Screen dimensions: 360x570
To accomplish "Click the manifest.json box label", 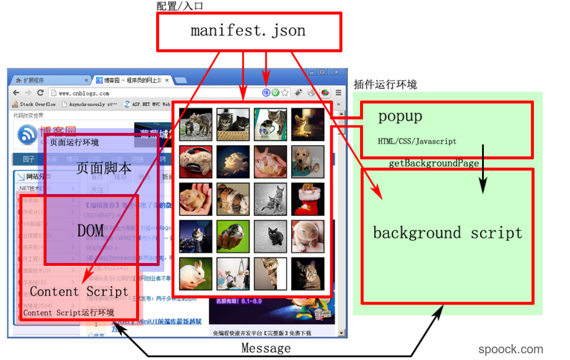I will click(248, 31).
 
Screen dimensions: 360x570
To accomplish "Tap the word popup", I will click(400, 116).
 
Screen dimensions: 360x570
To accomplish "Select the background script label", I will click(447, 233).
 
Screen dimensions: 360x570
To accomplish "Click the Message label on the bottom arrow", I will click(265, 348).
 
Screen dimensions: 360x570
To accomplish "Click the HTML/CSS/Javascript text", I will click(417, 142).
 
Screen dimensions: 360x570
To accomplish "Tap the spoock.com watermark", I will click(510, 349).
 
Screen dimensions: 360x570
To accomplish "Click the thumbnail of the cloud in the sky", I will click(233, 162).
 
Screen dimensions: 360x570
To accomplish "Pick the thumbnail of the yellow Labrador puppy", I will click(308, 162).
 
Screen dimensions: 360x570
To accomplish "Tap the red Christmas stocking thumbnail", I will click(308, 199).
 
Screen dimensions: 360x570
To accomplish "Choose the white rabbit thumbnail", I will click(195, 273).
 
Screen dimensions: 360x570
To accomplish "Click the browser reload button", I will click(40, 93).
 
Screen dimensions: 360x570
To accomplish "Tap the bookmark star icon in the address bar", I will click(284, 93).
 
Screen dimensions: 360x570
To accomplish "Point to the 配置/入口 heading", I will click(179, 6).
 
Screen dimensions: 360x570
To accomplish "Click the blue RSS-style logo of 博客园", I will click(27, 134).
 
